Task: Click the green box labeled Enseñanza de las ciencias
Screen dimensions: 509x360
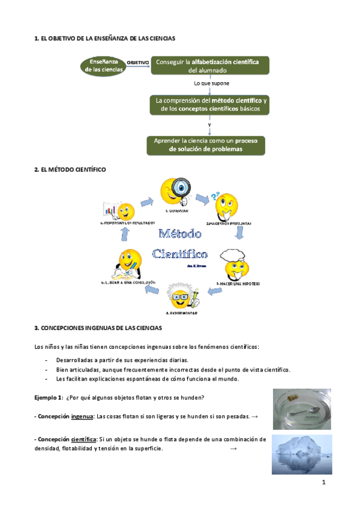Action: click(104, 65)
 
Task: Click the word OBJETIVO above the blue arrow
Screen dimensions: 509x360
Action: click(137, 62)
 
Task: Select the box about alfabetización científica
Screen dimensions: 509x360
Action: click(209, 65)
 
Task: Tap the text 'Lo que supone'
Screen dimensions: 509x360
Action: click(212, 83)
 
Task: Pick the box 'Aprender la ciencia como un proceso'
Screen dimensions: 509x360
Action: click(206, 145)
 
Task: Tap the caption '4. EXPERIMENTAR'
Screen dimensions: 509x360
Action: click(181, 313)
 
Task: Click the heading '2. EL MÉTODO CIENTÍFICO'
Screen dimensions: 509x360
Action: click(70, 170)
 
